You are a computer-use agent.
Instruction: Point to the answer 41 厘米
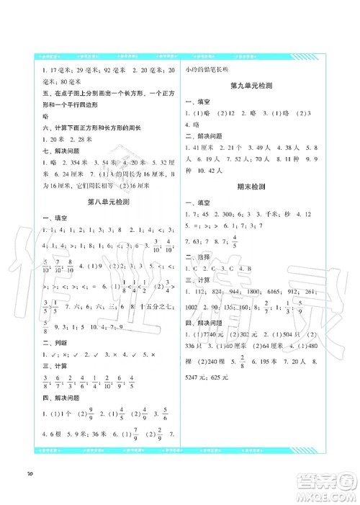[209, 149]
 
